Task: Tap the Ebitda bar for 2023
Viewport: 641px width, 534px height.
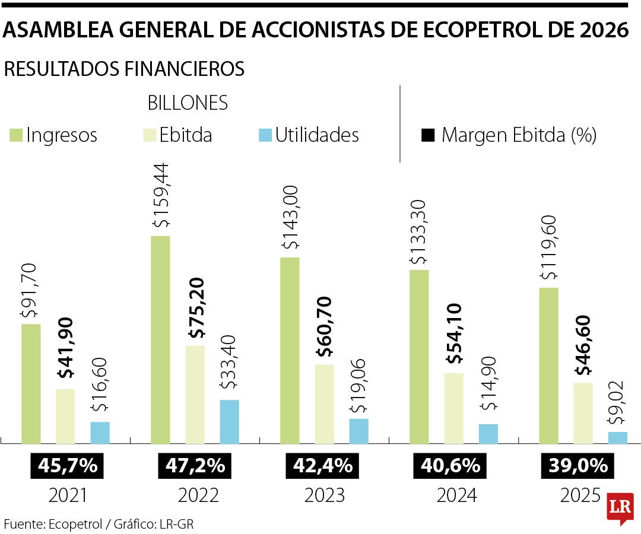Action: click(324, 403)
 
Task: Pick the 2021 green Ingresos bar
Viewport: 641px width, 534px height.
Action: click(31, 383)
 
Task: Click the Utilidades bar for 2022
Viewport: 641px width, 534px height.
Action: click(229, 421)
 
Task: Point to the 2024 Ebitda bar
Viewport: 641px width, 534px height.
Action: click(453, 408)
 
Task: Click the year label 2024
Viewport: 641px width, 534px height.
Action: click(456, 495)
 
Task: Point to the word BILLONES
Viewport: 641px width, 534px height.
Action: click(188, 103)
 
